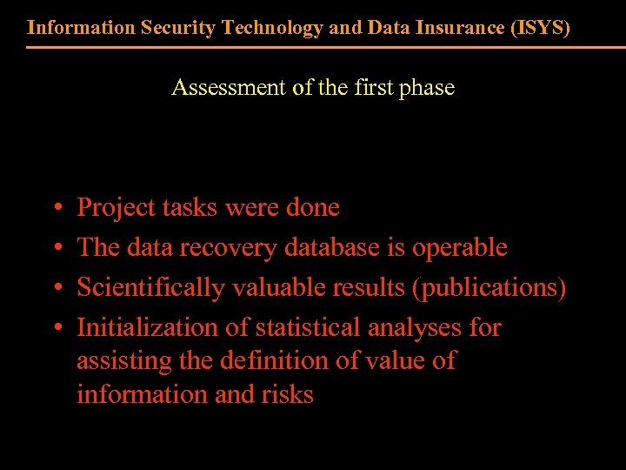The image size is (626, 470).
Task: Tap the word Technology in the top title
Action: pos(270,27)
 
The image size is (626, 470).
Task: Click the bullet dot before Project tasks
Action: pos(56,209)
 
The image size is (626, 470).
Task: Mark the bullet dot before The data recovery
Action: pos(56,249)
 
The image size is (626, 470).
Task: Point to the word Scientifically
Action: pos(150,288)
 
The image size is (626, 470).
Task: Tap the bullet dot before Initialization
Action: pos(56,329)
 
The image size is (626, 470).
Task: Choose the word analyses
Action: pos(417,328)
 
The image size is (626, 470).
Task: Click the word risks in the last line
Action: pos(287,394)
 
